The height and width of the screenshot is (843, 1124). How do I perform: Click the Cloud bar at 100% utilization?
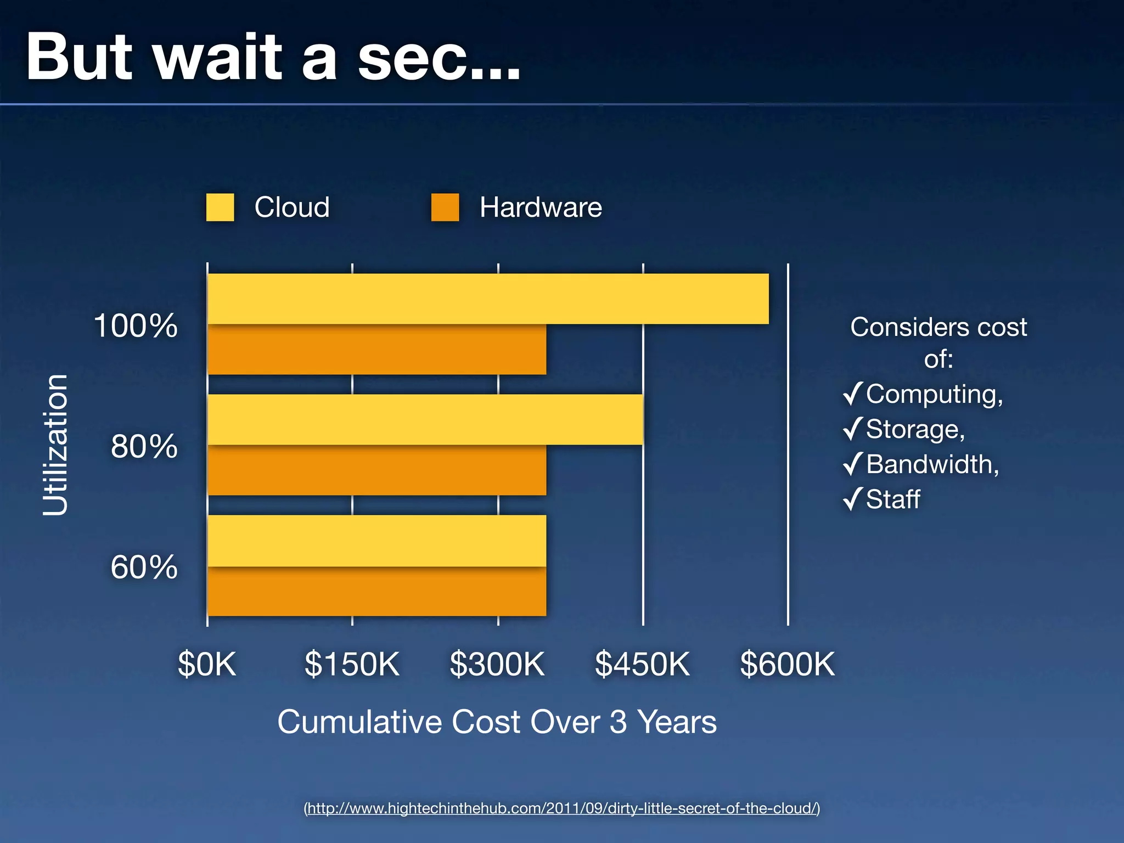tap(488, 299)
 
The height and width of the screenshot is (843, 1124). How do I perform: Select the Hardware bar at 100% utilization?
tap(376, 350)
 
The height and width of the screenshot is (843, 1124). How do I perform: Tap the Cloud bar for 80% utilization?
tap(425, 419)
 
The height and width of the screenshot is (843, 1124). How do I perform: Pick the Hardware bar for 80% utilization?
tap(376, 470)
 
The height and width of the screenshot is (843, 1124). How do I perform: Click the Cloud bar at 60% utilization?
tap(376, 541)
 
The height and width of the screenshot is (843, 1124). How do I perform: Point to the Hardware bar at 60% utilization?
tap(376, 592)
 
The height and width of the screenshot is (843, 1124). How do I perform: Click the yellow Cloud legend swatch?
tap(220, 207)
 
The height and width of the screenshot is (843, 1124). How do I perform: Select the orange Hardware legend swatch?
tap(445, 207)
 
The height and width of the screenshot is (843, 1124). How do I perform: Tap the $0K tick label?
tap(207, 664)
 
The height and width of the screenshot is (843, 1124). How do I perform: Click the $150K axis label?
tap(352, 664)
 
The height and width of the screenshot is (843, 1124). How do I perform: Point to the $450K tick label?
tap(642, 664)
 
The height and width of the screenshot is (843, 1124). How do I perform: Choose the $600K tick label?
tap(787, 664)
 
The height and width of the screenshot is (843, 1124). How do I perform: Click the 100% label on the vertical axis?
tap(136, 325)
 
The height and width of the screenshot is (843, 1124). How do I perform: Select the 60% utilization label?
tap(144, 567)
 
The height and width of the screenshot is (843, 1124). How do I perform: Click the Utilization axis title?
tap(55, 445)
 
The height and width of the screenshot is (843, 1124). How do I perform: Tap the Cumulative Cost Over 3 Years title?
tap(497, 722)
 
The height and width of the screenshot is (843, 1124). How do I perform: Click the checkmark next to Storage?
tap(852, 429)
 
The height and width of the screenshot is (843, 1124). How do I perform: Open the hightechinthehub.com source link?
tap(562, 808)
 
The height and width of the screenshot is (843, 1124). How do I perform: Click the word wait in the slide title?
tap(218, 57)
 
